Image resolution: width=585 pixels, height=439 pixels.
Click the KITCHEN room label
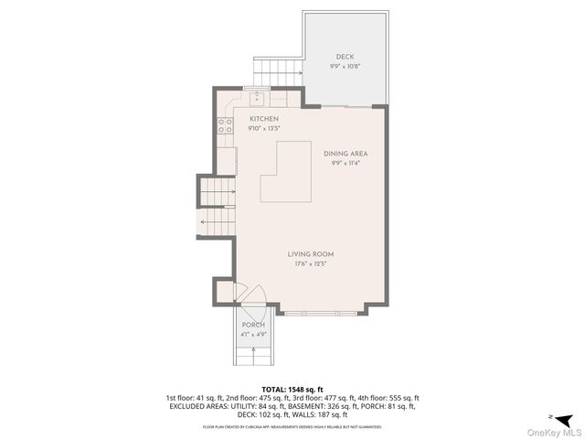point(263,119)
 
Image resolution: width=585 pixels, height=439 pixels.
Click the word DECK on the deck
point(345,57)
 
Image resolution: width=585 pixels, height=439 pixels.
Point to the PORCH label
point(253,326)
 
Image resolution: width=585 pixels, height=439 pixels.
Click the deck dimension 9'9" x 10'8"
point(345,67)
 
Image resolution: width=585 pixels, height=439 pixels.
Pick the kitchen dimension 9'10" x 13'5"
point(263,129)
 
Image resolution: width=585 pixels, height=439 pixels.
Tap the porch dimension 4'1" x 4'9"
point(253,335)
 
